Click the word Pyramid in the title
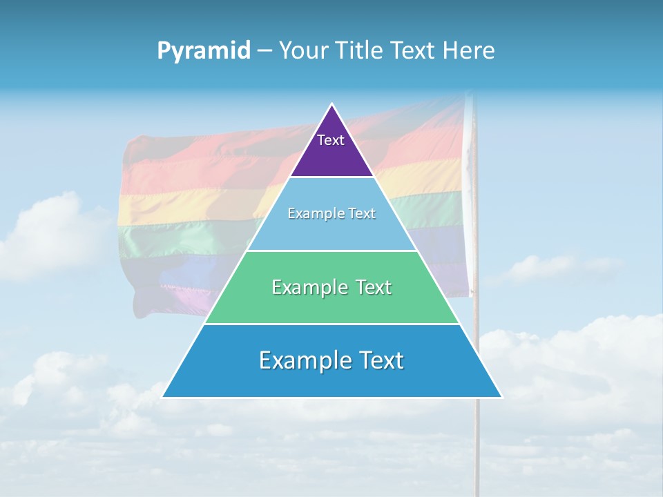204,51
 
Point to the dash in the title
265,51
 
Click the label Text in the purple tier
331,140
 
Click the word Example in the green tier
309,287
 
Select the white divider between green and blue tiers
331,324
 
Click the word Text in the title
411,51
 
